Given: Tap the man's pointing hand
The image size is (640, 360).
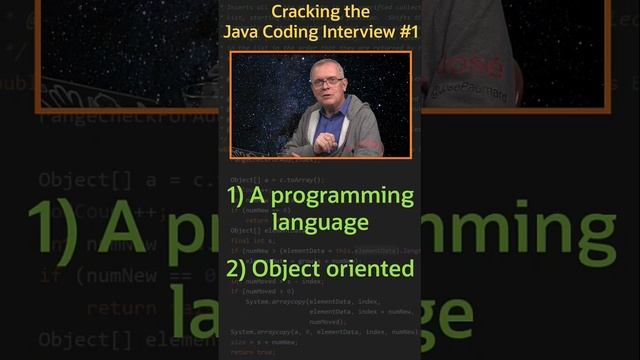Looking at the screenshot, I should click(x=318, y=139).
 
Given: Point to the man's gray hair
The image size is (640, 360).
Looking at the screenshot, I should click(x=327, y=66).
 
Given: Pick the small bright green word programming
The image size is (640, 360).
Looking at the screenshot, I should click(x=345, y=196).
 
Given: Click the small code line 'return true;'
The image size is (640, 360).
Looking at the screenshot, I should click(x=252, y=353).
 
